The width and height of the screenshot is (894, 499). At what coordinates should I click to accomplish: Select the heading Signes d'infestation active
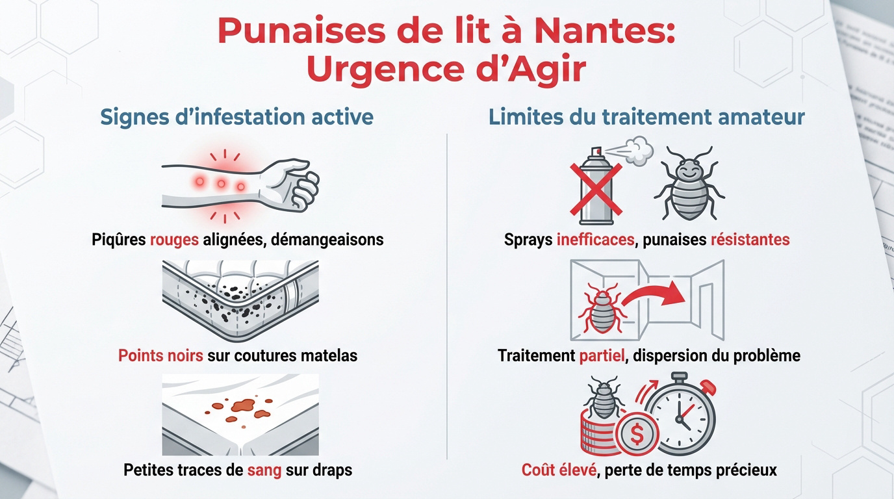(236, 117)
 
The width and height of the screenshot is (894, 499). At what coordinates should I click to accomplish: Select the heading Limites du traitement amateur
(646, 117)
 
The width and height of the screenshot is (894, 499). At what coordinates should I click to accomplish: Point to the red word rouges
(173, 239)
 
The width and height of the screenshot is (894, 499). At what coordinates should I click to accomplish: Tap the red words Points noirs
(160, 356)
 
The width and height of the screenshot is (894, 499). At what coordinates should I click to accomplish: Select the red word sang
(264, 469)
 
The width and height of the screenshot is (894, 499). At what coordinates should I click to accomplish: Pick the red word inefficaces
(595, 239)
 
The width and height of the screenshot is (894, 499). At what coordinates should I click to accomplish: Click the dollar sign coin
(636, 435)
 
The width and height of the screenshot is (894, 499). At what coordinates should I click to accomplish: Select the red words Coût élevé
(559, 469)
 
